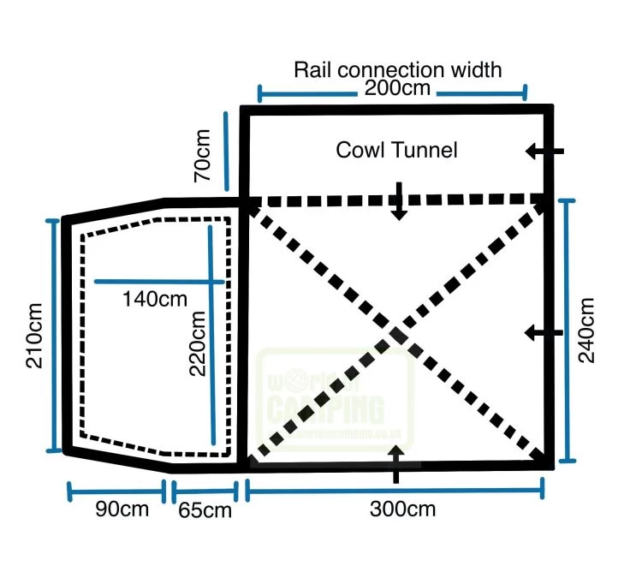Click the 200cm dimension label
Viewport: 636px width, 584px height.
(393, 87)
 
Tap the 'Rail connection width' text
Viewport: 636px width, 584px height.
(397, 69)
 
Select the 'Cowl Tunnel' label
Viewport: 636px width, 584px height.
(396, 150)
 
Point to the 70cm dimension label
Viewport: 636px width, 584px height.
(202, 155)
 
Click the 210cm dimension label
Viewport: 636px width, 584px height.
(34, 335)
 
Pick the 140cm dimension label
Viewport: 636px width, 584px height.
(155, 300)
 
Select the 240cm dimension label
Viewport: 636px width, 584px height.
(587, 330)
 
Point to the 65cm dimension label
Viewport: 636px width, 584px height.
(205, 511)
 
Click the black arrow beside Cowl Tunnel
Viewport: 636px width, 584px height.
(544, 152)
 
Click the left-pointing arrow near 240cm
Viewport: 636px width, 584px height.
(544, 332)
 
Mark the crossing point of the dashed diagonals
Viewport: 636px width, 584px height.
(397, 332)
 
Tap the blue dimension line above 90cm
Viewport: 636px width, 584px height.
(116, 492)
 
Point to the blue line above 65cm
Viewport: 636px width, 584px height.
(204, 492)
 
